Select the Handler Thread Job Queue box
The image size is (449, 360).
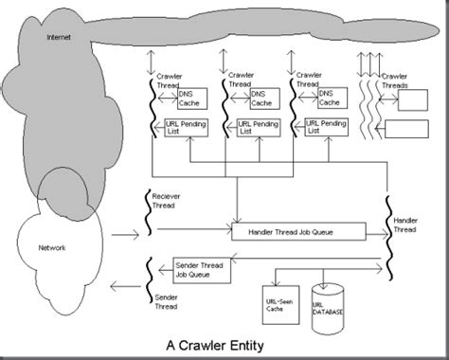point(298,230)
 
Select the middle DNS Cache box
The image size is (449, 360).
point(264,99)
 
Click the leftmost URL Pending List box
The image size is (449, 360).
point(184,126)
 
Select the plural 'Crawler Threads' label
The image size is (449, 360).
point(398,80)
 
